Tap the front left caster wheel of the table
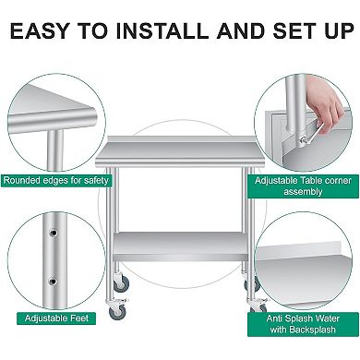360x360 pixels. (x=117, y=312)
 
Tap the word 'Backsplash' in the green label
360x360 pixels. (x=327, y=327)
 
